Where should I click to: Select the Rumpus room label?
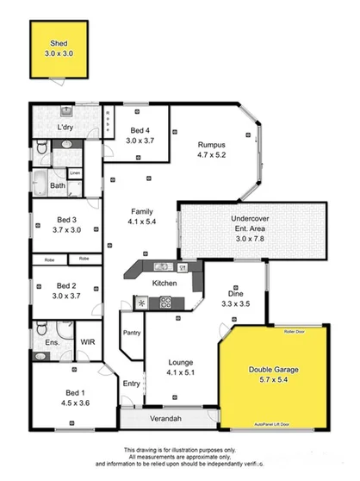pos(211,144)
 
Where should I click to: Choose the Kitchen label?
pos(164,283)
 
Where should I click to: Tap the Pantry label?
pos(131,332)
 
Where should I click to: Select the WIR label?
pos(87,342)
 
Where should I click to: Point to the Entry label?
pos(131,384)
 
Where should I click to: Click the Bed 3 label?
pos(67,219)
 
